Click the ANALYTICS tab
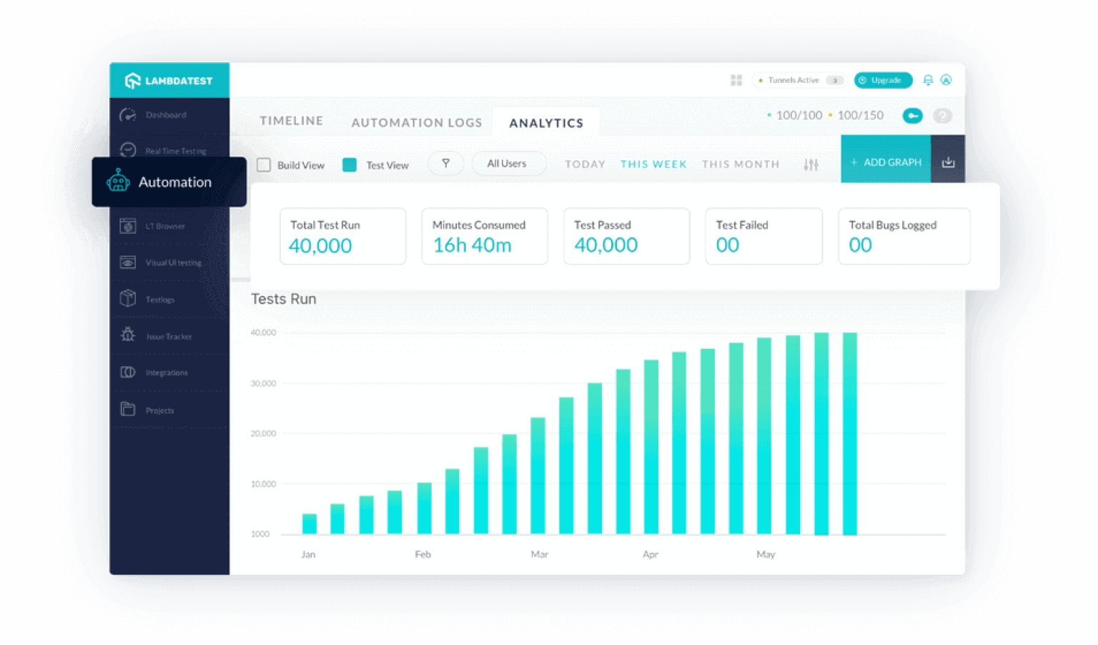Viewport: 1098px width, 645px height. coord(546,123)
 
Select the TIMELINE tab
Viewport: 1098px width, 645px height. coord(291,121)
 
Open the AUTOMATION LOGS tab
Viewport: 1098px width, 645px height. coord(417,123)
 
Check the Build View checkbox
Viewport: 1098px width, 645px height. coord(264,165)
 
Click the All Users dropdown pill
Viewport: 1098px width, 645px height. coord(507,164)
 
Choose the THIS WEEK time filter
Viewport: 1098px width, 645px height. coord(653,164)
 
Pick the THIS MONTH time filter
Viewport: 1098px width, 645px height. coord(741,164)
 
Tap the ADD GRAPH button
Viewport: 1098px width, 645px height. coord(886,162)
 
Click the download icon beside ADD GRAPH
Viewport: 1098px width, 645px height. coord(948,162)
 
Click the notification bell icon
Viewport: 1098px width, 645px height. coord(928,80)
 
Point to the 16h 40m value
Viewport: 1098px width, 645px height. coord(473,245)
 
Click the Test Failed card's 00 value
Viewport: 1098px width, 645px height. coord(728,245)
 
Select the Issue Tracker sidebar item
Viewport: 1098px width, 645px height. coord(169,336)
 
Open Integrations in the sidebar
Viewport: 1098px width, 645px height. coord(167,373)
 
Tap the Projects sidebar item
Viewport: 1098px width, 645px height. coord(159,410)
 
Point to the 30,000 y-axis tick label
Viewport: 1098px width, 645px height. coord(263,383)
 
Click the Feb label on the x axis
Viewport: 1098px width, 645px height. coord(423,554)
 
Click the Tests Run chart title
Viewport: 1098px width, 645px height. coord(284,299)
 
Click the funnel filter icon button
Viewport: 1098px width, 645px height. coord(445,164)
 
